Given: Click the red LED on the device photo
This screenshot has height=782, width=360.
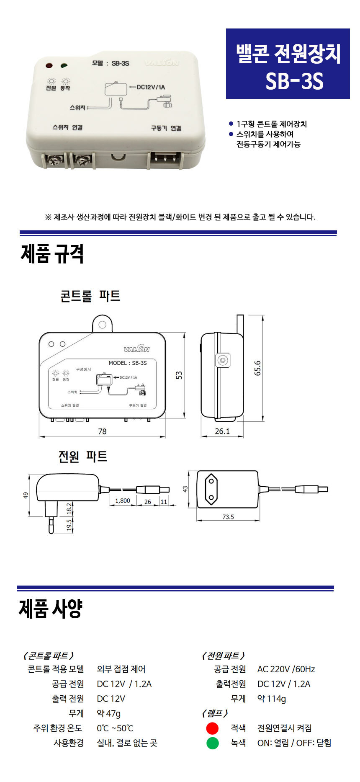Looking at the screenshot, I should pyautogui.click(x=49, y=66).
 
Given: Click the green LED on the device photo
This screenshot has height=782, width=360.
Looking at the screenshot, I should pyautogui.click(x=64, y=66).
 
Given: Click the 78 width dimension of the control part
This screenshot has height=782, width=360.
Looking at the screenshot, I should pyautogui.click(x=102, y=431).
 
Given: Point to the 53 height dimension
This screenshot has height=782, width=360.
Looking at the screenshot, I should pyautogui.click(x=179, y=375).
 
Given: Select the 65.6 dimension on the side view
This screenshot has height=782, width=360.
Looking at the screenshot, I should pyautogui.click(x=257, y=368).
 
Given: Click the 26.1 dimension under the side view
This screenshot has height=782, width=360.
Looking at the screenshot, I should pyautogui.click(x=222, y=431).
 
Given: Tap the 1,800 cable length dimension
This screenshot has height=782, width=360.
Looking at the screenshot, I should pyautogui.click(x=122, y=501).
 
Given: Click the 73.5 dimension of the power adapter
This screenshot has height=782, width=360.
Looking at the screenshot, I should pyautogui.click(x=228, y=517).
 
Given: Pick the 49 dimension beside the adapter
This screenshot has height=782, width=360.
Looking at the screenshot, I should pyautogui.click(x=26, y=496).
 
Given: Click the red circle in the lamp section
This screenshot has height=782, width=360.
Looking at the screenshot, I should pyautogui.click(x=212, y=728).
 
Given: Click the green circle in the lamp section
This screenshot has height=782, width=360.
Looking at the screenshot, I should pyautogui.click(x=212, y=743).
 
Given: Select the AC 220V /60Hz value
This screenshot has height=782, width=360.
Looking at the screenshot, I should pyautogui.click(x=286, y=669).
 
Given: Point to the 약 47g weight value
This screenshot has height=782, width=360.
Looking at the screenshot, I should pyautogui.click(x=108, y=713).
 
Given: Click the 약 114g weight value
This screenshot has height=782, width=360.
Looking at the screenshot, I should pyautogui.click(x=272, y=699).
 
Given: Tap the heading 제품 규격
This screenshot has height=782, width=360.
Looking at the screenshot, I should pyautogui.click(x=52, y=254).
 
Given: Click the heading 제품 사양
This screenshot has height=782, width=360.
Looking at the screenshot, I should pyautogui.click(x=51, y=609).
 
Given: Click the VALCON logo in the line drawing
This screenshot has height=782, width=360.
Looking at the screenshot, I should pyautogui.click(x=136, y=349).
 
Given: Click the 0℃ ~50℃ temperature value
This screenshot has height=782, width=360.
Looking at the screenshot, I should pyautogui.click(x=115, y=728).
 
